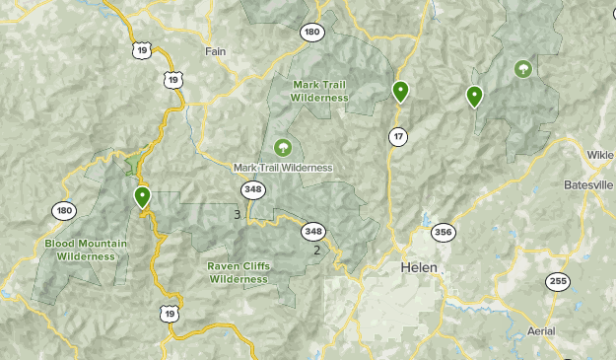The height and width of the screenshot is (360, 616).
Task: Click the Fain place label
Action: click(215, 50)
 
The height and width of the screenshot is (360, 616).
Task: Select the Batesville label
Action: click(589, 185)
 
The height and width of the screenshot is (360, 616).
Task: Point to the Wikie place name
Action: click(600, 155)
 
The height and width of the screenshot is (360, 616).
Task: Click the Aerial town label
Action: click(541, 330)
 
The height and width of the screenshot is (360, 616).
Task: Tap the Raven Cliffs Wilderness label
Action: click(239, 272)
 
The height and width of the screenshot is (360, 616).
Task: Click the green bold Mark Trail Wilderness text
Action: click(320, 91)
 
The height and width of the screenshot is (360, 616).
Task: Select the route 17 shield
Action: click(398, 136)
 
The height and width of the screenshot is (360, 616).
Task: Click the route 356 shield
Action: click(443, 232)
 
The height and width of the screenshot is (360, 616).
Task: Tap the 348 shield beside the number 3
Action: click(254, 189)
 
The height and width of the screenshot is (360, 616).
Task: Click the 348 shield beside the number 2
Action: click(313, 231)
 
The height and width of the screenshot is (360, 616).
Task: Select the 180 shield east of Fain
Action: click(312, 33)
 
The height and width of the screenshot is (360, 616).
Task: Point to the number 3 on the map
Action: click(237, 214)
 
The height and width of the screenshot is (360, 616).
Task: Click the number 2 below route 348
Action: click(316, 250)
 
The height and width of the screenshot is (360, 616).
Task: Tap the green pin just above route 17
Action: click(400, 93)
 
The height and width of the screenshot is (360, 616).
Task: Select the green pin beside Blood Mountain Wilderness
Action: click(143, 197)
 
